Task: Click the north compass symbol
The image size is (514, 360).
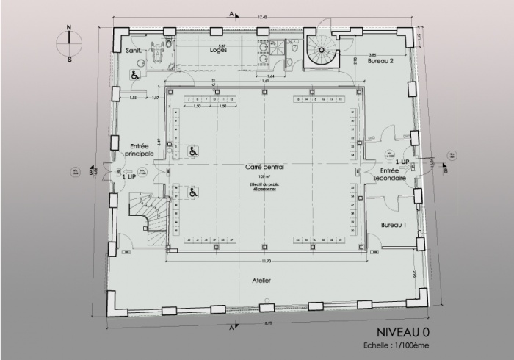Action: pos(69,44)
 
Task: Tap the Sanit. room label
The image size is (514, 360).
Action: pos(134,51)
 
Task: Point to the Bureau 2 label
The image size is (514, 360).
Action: pos(381,62)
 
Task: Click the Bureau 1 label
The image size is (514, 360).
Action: pos(394,225)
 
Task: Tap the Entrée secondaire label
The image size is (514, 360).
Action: pos(389,173)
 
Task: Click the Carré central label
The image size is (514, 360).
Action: pos(264,167)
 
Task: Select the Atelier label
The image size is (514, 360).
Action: pos(262,281)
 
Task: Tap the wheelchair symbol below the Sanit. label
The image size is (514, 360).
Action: pos(135,73)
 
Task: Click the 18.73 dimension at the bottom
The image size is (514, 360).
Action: pos(267,323)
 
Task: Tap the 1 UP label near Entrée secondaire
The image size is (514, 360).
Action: pos(402,161)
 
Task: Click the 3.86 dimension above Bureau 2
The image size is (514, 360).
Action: pos(372,54)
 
